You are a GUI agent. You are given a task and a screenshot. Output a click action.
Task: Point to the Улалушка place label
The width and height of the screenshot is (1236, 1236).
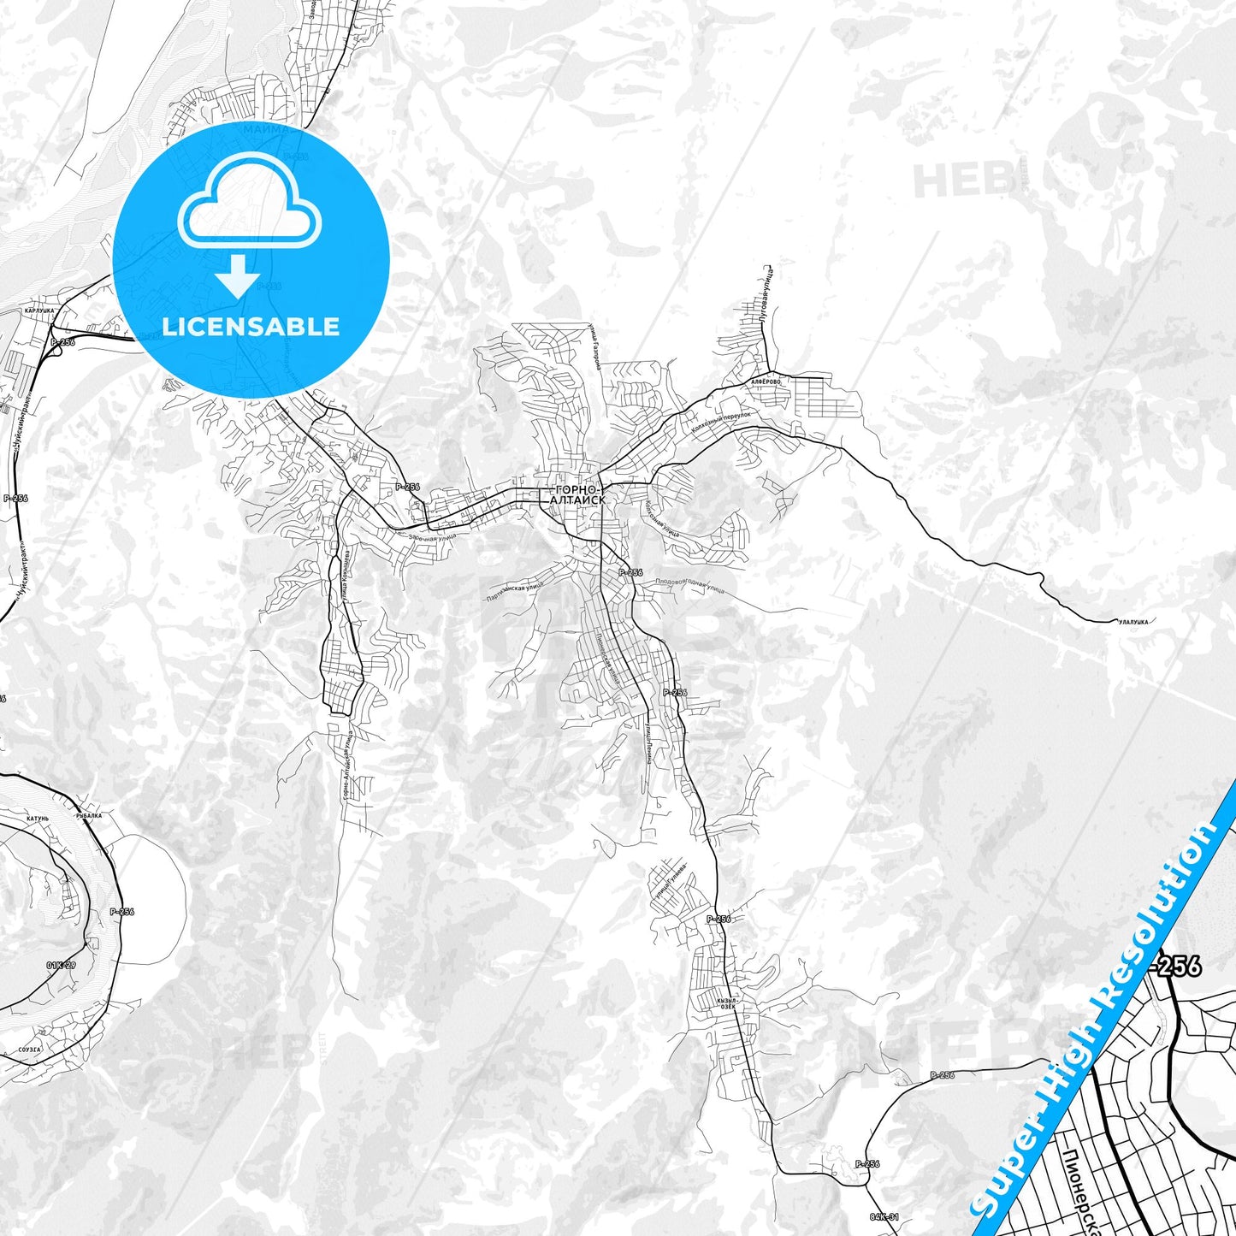tap(1132, 622)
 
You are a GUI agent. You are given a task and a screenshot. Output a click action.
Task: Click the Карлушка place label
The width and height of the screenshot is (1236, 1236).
tap(39, 311)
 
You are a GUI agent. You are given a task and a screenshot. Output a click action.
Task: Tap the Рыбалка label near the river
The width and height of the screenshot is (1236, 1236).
tap(88, 815)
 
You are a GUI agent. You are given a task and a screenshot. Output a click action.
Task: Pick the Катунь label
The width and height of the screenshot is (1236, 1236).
tap(38, 819)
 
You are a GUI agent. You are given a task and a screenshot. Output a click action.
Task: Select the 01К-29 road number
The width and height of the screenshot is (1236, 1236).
tap(61, 965)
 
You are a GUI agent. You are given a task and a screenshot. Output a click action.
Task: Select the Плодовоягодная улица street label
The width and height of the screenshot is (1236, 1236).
tap(689, 585)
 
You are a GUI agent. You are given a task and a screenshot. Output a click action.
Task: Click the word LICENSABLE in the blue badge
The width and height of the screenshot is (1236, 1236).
tap(251, 327)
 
